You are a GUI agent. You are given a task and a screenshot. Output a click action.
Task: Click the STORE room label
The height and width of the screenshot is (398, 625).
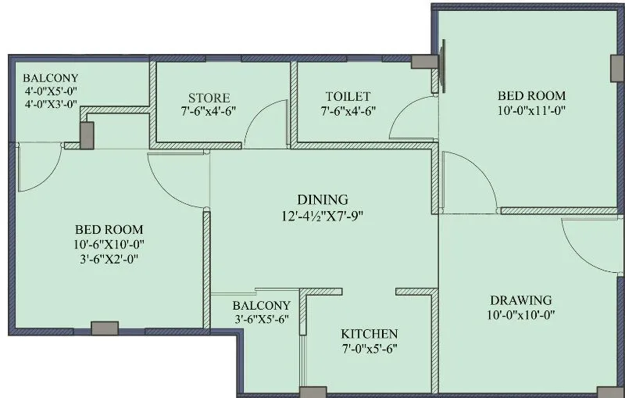207,98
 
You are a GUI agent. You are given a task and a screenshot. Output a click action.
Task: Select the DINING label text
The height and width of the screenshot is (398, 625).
322,200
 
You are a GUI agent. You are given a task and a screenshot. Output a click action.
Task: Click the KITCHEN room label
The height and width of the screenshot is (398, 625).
369,334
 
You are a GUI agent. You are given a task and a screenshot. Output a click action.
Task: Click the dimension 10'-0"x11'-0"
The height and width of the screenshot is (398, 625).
531,111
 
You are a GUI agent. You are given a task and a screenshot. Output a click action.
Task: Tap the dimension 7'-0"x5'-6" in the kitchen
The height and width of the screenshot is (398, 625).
369,349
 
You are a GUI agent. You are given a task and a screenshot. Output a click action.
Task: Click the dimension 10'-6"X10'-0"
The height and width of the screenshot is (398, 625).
109,244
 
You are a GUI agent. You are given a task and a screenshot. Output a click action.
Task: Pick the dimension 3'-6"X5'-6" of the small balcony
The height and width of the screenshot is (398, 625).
262,320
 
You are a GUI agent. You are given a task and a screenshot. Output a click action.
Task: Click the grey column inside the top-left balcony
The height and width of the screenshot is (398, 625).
87,134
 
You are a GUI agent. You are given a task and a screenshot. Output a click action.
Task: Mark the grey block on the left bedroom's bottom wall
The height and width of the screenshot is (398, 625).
105,328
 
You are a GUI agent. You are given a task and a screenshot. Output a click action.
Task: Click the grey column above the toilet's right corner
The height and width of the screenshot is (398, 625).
423,63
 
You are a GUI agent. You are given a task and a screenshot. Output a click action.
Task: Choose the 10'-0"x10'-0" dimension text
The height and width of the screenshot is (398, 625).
521,316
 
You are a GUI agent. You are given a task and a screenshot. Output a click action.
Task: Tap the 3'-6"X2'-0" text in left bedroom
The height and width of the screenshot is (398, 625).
109,259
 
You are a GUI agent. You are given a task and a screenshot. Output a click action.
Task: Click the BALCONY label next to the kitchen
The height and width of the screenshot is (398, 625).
262,306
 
